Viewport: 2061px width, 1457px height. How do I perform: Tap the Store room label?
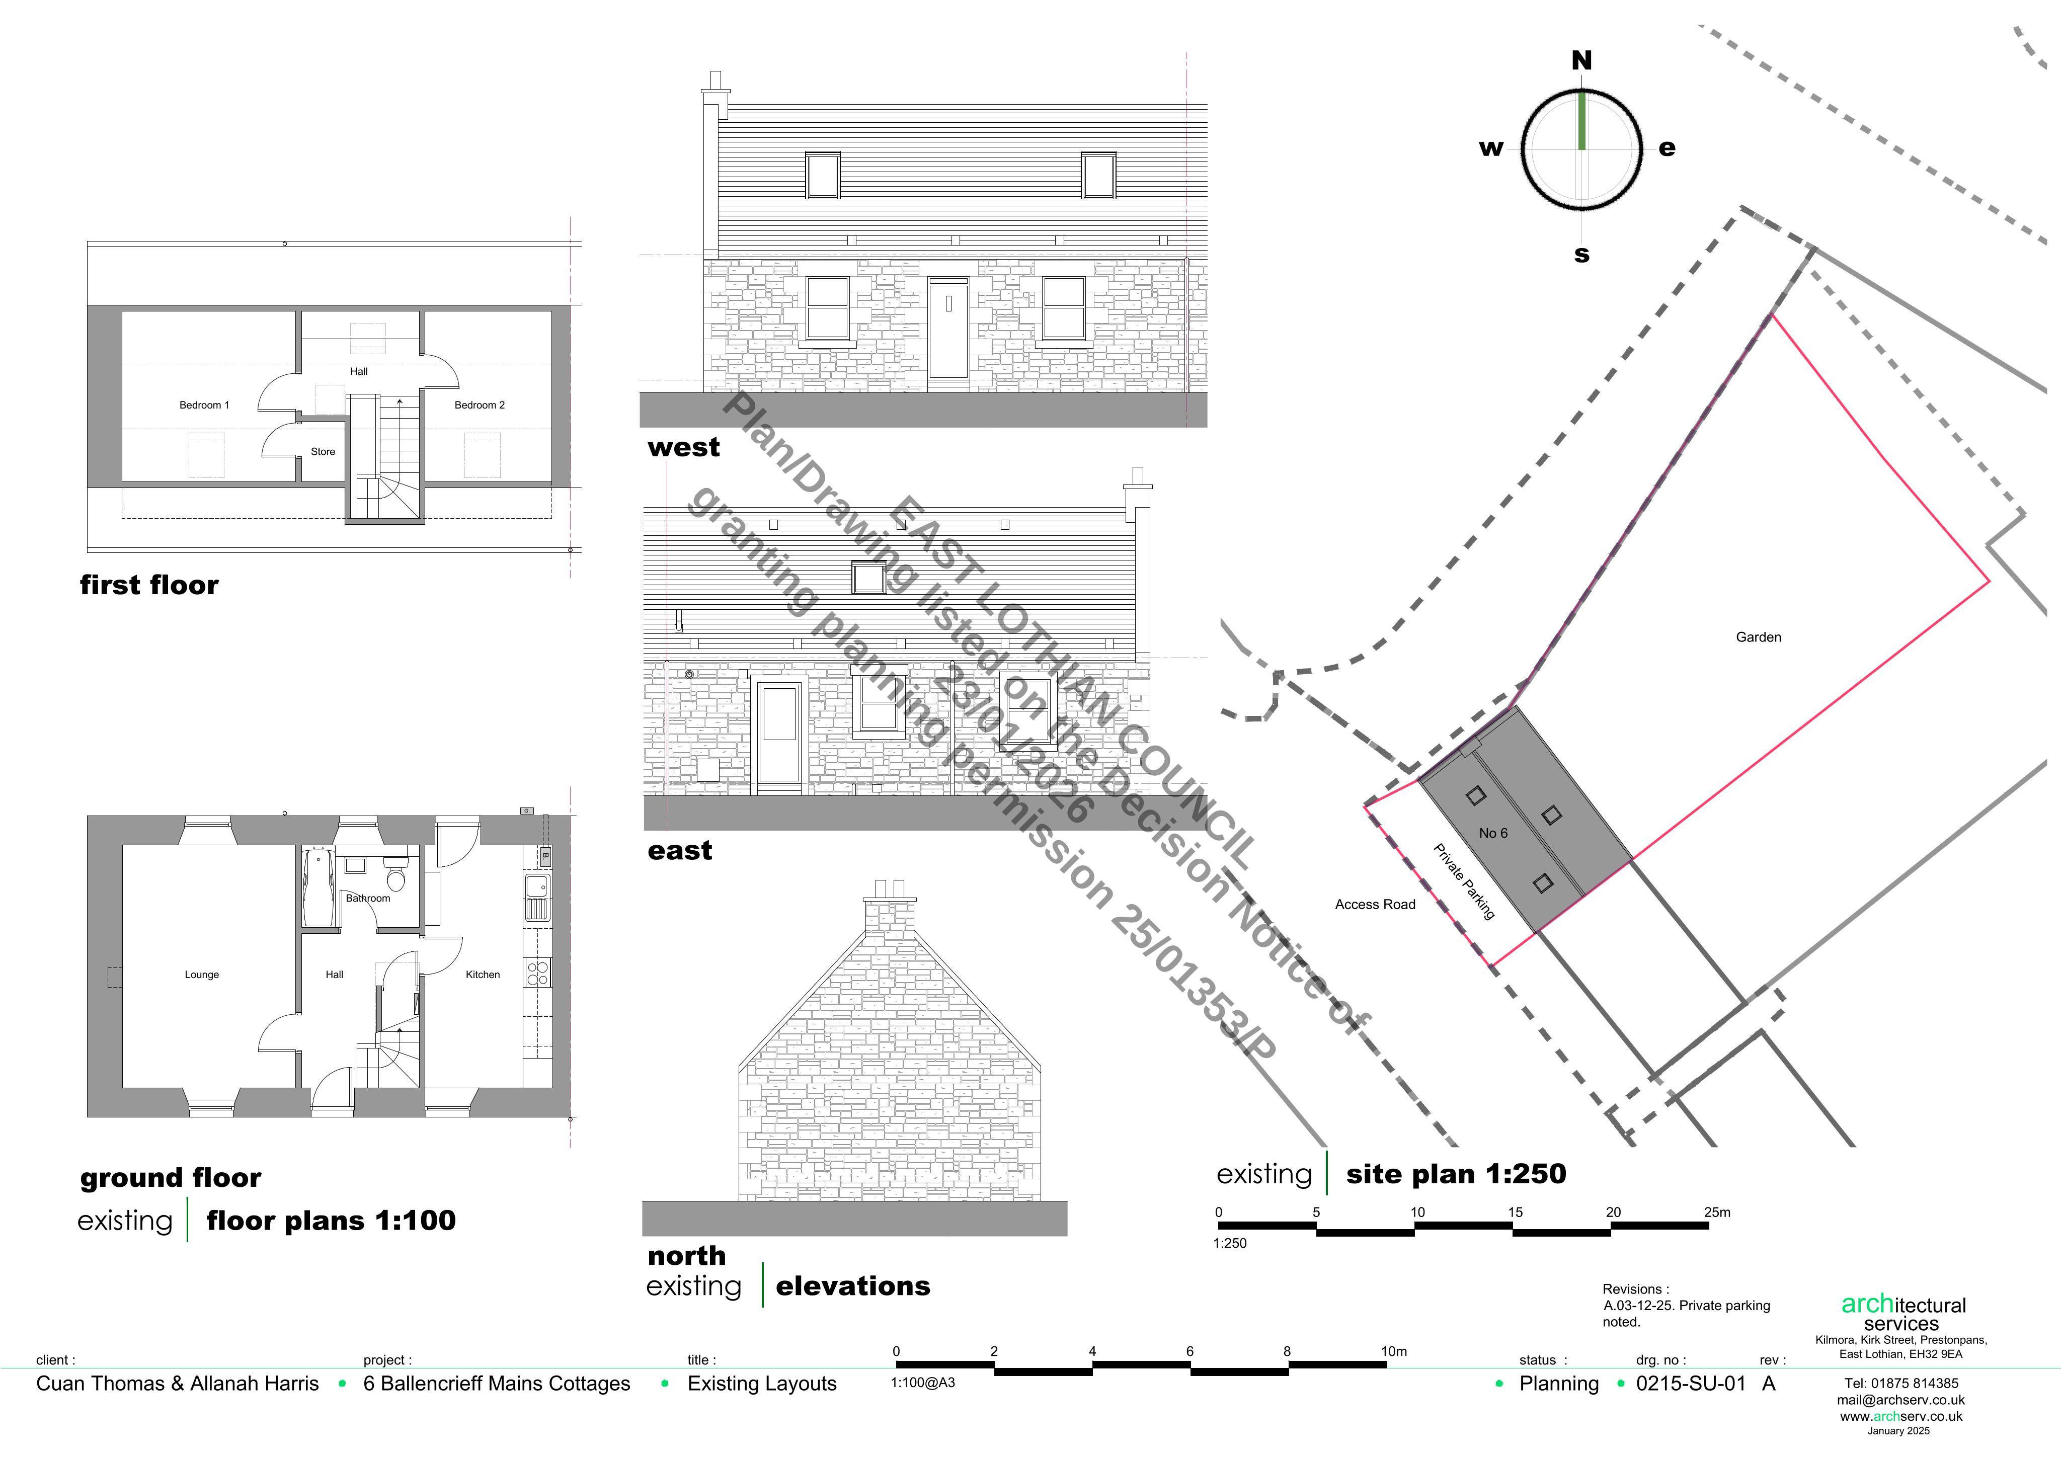(323, 452)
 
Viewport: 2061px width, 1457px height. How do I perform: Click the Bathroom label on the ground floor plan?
(368, 898)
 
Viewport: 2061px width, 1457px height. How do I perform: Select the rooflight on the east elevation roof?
(868, 577)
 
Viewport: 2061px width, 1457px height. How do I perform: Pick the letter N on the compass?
(1581, 60)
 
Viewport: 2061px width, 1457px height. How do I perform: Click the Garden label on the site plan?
(1759, 637)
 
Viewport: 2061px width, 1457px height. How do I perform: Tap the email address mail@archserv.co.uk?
(1900, 1400)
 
